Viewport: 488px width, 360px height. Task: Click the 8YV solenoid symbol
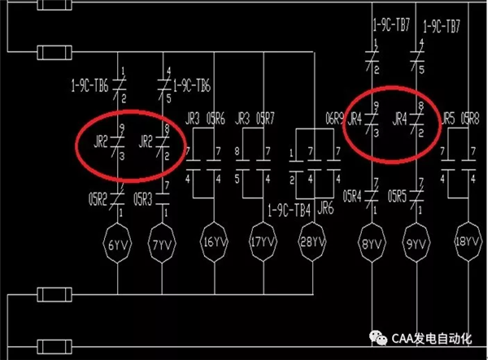[371, 242]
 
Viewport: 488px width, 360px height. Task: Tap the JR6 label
[325, 207]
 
